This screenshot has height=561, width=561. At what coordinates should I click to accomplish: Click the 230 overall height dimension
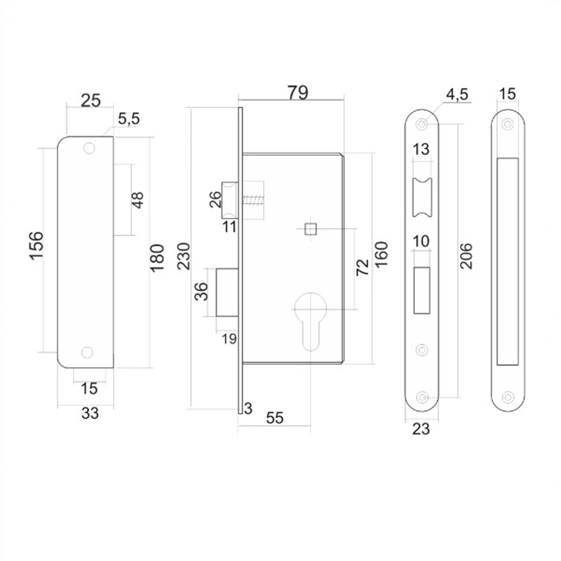click(184, 256)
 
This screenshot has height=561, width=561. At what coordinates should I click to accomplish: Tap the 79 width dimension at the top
click(298, 93)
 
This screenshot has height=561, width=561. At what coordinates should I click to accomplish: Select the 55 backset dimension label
click(275, 417)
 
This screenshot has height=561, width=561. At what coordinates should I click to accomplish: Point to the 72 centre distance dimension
click(362, 267)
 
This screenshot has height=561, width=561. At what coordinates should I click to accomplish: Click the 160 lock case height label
click(381, 255)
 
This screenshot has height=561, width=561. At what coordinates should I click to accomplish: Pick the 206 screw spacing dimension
click(466, 256)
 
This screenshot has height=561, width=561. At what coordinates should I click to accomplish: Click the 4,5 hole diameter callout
click(457, 95)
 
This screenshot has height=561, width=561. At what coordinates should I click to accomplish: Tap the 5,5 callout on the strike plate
click(129, 119)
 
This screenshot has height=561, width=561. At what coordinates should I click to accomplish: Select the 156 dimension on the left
click(36, 246)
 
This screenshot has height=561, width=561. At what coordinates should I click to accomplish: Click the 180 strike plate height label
click(156, 258)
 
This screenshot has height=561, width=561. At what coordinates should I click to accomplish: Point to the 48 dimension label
click(137, 200)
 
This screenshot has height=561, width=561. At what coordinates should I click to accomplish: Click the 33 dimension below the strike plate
click(90, 413)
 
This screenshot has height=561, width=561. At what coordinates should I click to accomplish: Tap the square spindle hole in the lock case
click(311, 229)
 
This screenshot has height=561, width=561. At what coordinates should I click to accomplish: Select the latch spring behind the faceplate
click(254, 200)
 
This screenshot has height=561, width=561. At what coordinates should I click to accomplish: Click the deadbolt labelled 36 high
click(227, 292)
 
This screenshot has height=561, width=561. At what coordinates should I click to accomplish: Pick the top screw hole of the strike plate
click(89, 148)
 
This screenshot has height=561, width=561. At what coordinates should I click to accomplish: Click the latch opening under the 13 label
click(422, 198)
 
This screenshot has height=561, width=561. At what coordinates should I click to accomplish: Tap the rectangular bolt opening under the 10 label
click(422, 290)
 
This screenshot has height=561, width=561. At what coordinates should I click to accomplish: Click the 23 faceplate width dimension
click(421, 428)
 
